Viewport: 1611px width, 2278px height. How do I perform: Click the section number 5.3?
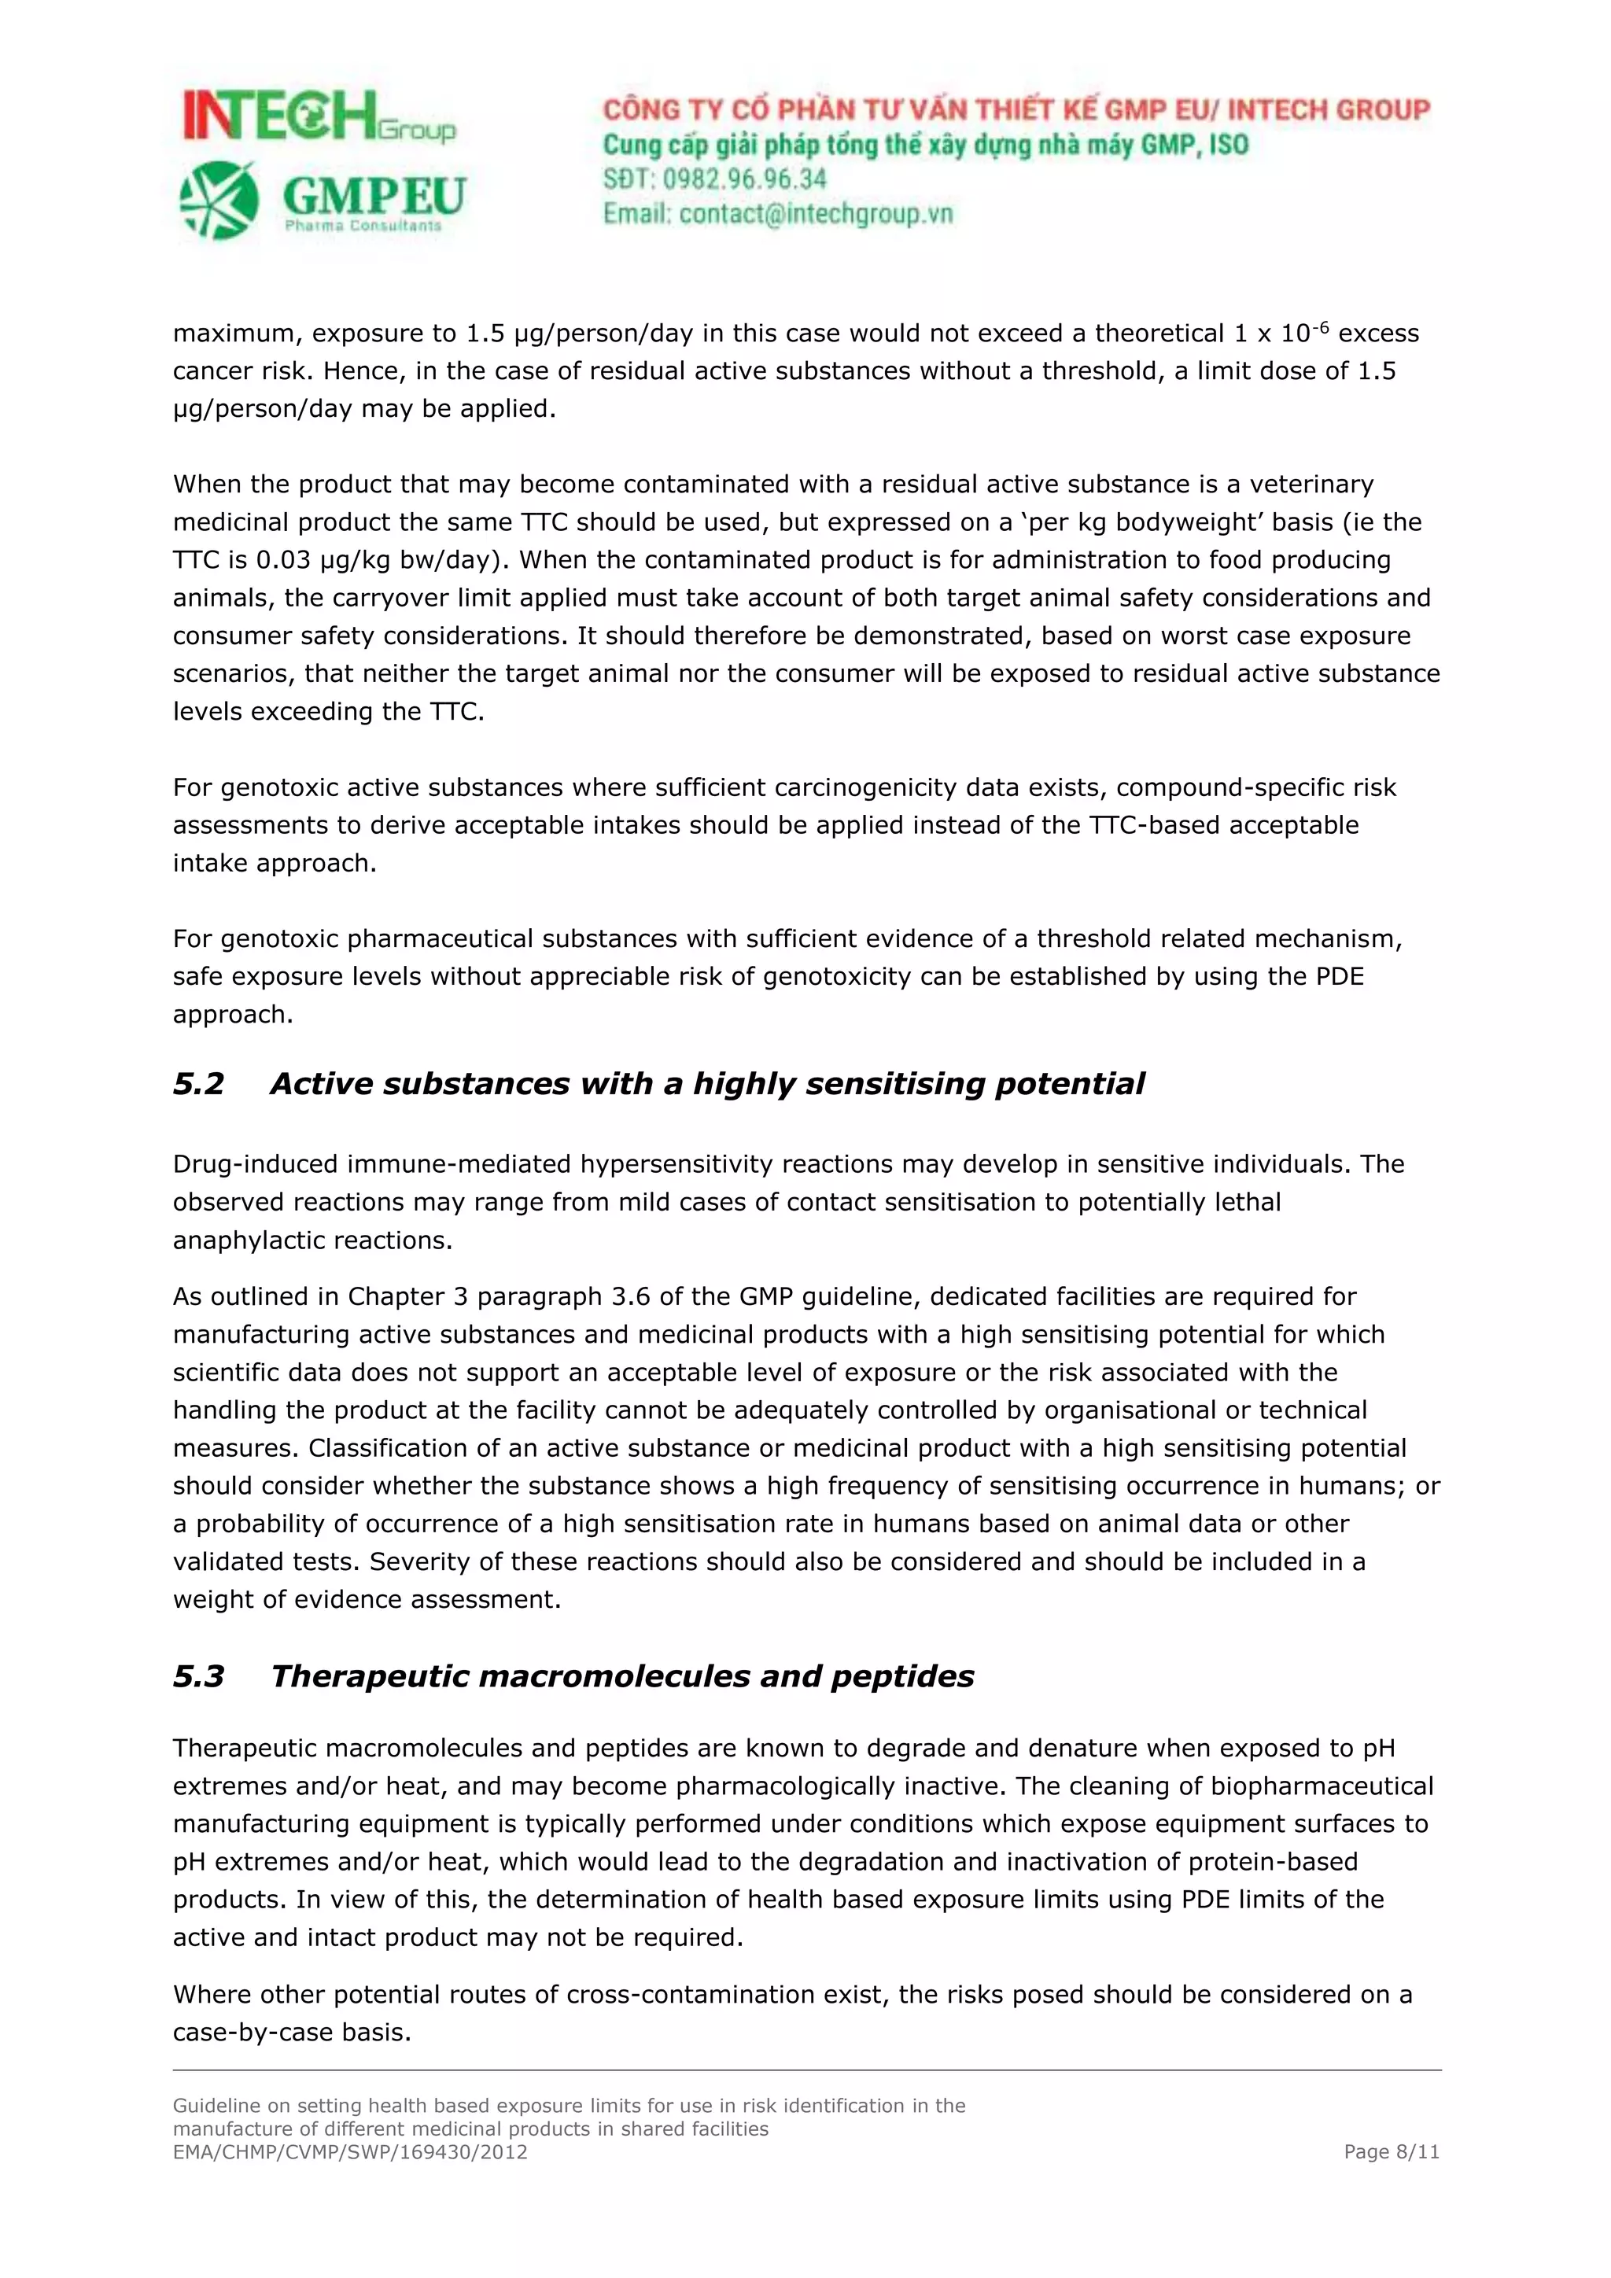coord(198,1677)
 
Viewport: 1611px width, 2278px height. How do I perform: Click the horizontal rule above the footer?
coord(805,2070)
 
